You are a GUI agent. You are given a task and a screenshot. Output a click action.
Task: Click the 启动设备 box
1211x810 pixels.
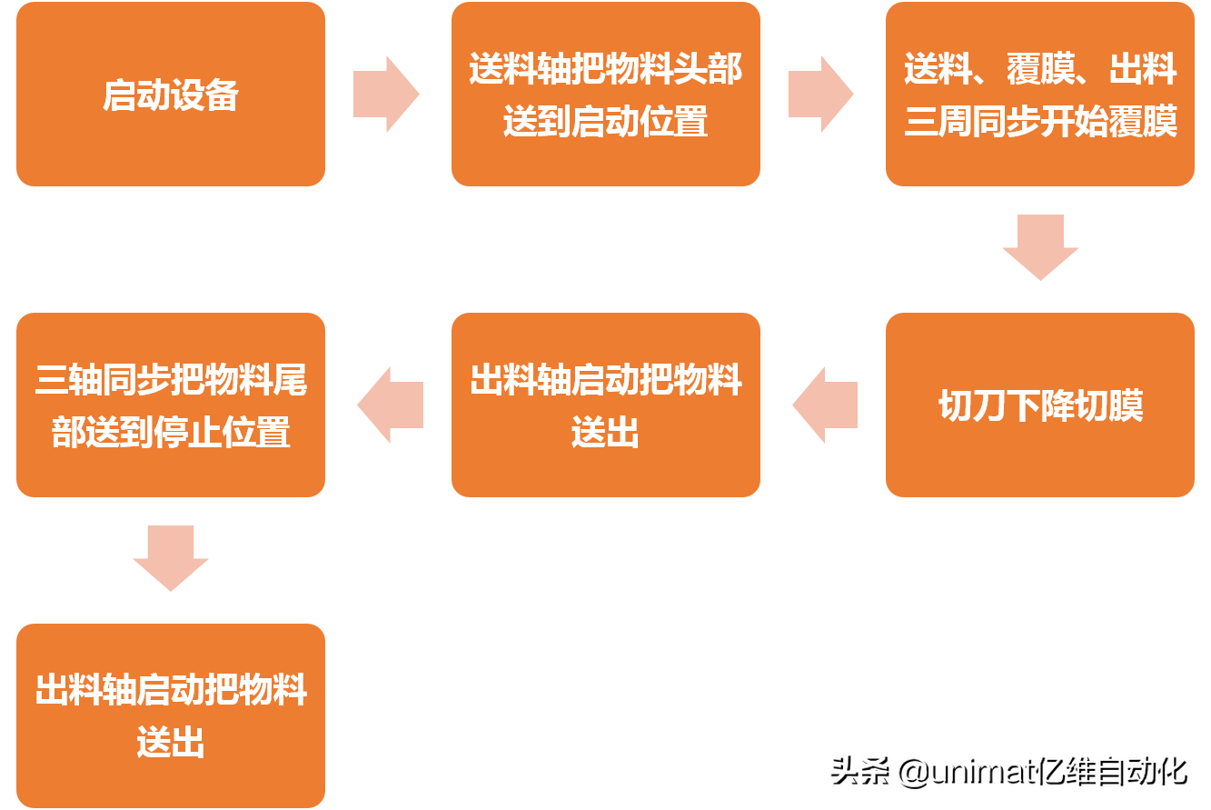click(x=170, y=95)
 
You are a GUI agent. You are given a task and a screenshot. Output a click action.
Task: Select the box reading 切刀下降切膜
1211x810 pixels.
click(x=1040, y=405)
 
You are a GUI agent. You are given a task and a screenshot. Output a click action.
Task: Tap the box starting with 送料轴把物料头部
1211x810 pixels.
click(x=605, y=95)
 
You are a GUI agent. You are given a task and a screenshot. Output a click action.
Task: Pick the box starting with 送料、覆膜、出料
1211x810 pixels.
click(x=1040, y=95)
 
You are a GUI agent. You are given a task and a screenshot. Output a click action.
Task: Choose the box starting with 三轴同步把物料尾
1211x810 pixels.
click(x=170, y=405)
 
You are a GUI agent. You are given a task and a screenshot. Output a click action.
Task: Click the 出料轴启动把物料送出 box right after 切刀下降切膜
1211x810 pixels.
click(x=605, y=405)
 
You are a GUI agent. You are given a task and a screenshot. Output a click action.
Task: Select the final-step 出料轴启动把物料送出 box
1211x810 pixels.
click(x=170, y=716)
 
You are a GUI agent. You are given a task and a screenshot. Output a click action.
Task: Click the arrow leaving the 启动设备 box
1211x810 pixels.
click(x=386, y=94)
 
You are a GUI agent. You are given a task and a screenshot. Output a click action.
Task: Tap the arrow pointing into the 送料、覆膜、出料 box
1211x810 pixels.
click(x=820, y=94)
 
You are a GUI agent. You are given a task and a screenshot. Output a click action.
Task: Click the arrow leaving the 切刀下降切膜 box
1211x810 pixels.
click(x=825, y=405)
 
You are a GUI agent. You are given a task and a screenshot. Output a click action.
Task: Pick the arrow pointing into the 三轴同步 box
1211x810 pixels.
click(x=391, y=405)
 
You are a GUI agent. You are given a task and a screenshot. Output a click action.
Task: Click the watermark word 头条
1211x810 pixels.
click(x=857, y=771)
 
